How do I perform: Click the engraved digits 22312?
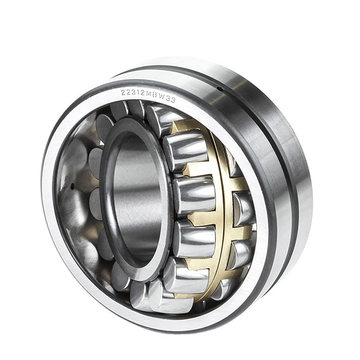[x=133, y=93]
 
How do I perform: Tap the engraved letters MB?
[x=151, y=95]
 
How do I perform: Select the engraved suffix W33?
[x=166, y=98]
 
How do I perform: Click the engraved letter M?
[x=148, y=95]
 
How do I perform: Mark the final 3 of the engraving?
[x=173, y=100]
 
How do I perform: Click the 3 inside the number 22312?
[x=133, y=93]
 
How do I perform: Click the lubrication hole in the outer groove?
[x=220, y=89]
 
